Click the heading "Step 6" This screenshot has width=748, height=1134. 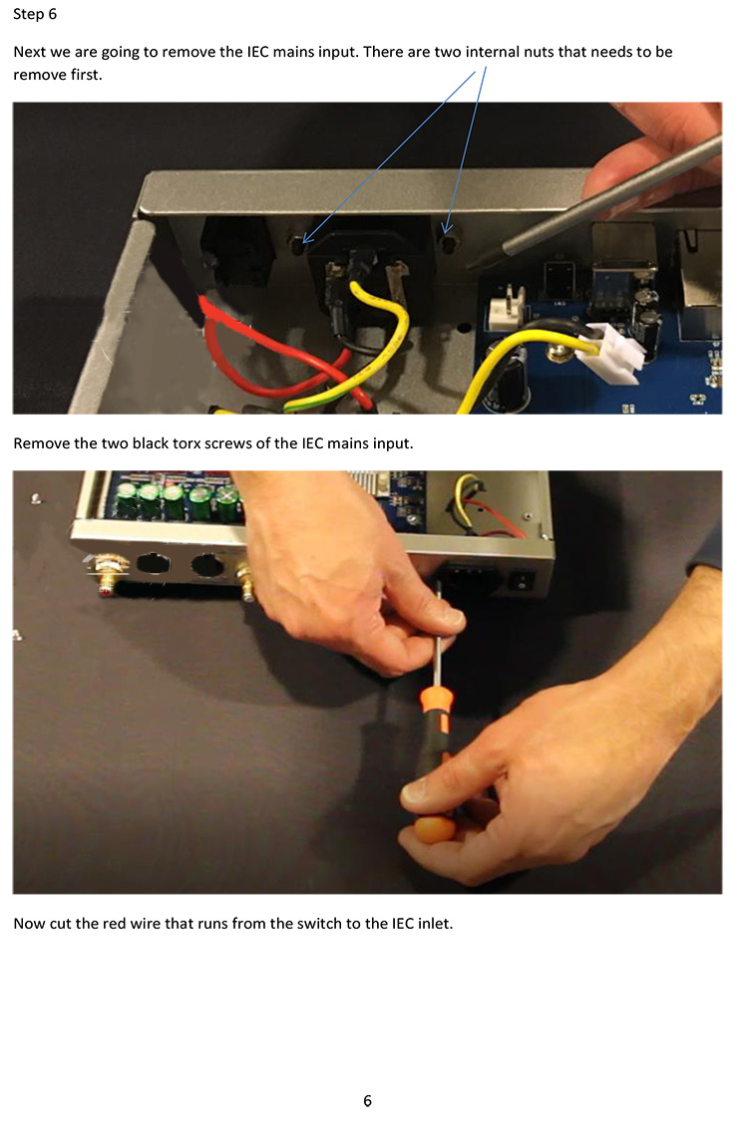point(35,14)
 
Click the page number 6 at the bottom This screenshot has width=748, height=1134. point(367,1101)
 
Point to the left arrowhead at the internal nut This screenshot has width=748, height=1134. point(305,240)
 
